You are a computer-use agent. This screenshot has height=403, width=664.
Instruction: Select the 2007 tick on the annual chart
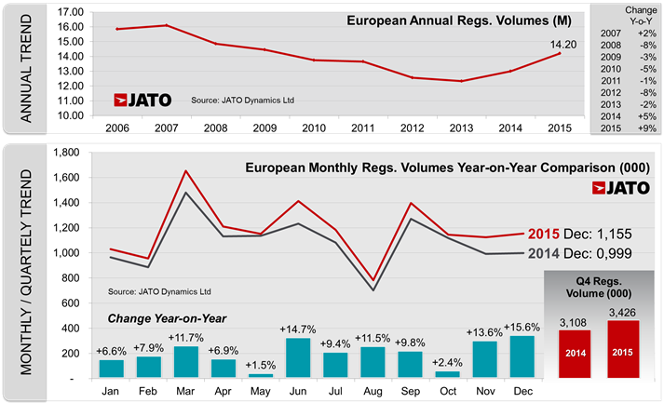click(x=167, y=128)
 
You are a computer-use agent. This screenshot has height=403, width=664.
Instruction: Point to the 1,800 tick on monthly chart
click(x=72, y=152)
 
